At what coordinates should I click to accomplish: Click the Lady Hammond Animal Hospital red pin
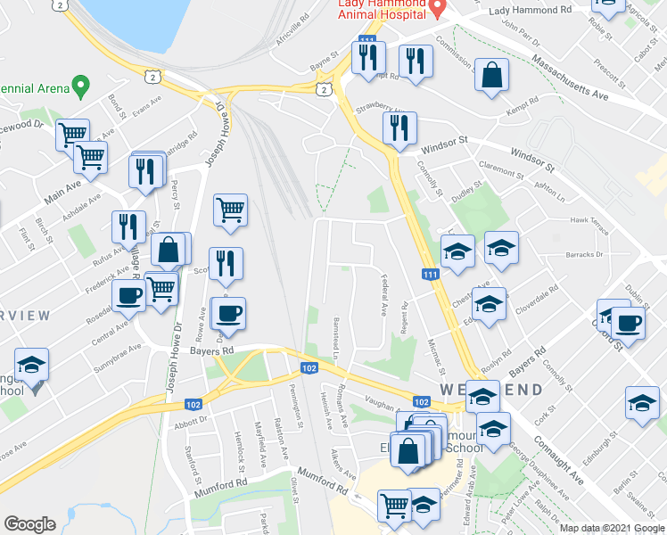click(x=437, y=8)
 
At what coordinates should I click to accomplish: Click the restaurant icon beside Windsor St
click(x=399, y=128)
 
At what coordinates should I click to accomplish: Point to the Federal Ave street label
click(x=383, y=296)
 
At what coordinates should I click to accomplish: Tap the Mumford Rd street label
click(x=322, y=481)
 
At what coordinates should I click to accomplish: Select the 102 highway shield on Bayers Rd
click(x=309, y=368)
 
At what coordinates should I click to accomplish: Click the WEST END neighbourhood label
click(x=490, y=390)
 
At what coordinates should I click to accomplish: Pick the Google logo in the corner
click(x=30, y=523)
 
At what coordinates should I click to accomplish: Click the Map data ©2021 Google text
click(x=612, y=528)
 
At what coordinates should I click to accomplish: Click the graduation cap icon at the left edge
click(x=31, y=365)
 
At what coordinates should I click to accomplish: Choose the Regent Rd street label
click(x=404, y=317)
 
